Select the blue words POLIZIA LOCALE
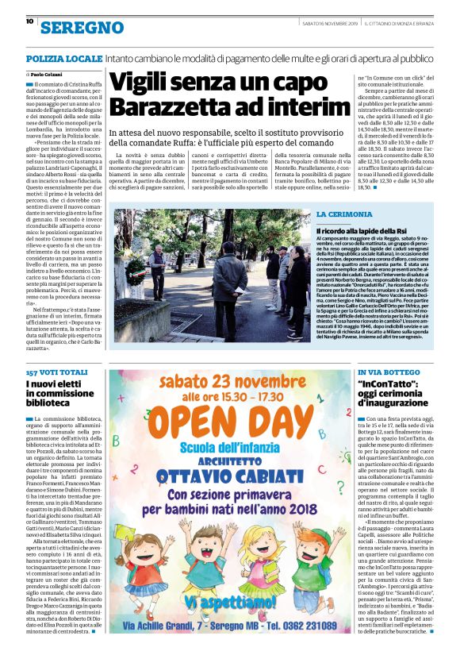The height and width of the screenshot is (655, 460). point(63,60)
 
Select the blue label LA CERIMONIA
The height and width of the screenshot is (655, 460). point(343,214)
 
